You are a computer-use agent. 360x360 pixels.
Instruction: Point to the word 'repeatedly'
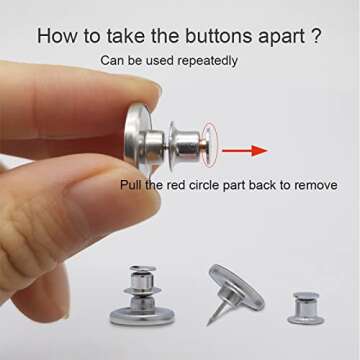point(207,61)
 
